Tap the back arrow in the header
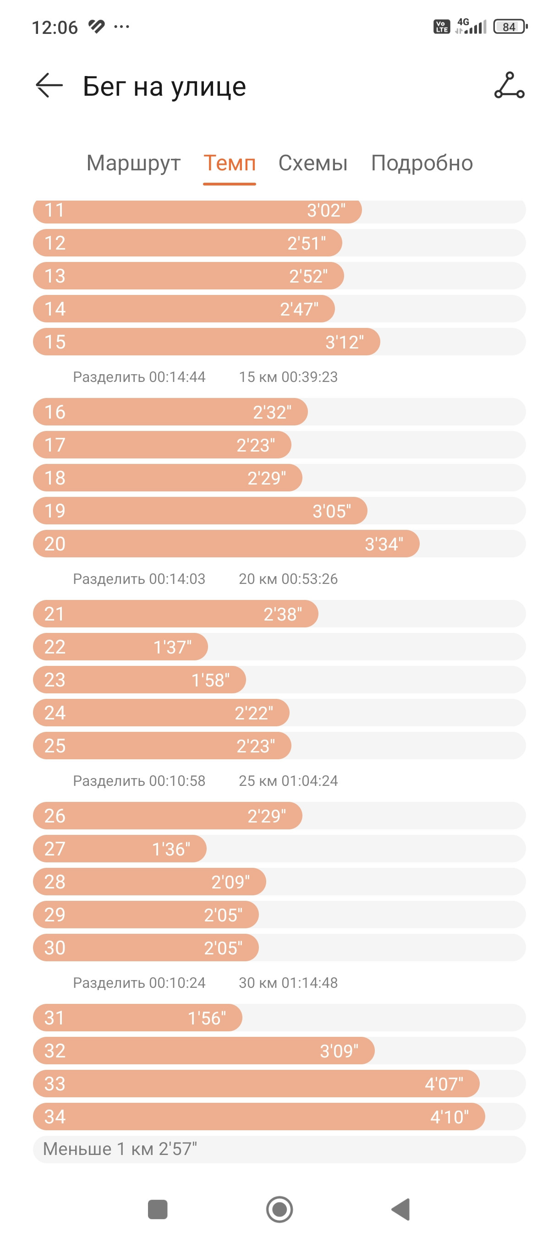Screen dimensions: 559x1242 pyautogui.click(x=49, y=86)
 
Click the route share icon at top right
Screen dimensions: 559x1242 pyautogui.click(x=509, y=85)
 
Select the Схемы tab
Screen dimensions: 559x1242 pyautogui.click(x=312, y=163)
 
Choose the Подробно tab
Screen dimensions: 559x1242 pyautogui.click(x=422, y=163)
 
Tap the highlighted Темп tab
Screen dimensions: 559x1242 pyautogui.click(x=229, y=163)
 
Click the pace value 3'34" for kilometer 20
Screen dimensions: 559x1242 pyautogui.click(x=384, y=544)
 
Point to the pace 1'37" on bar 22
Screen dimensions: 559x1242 pyautogui.click(x=172, y=647)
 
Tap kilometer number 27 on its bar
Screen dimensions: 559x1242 pyautogui.click(x=55, y=849)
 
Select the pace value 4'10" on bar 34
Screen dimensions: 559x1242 pyautogui.click(x=449, y=1117)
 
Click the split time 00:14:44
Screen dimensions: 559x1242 pyautogui.click(x=177, y=377)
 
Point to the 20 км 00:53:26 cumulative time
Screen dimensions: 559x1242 pyautogui.click(x=288, y=578)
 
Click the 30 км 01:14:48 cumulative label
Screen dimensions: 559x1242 pyautogui.click(x=288, y=983)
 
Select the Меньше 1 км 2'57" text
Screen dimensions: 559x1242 pyautogui.click(x=120, y=1149)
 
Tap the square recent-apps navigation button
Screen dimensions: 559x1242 pyautogui.click(x=157, y=1209)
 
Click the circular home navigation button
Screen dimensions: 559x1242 pyautogui.click(x=279, y=1209)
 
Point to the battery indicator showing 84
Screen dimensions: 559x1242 pyautogui.click(x=510, y=27)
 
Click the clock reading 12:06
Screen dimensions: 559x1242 pyautogui.click(x=55, y=27)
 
